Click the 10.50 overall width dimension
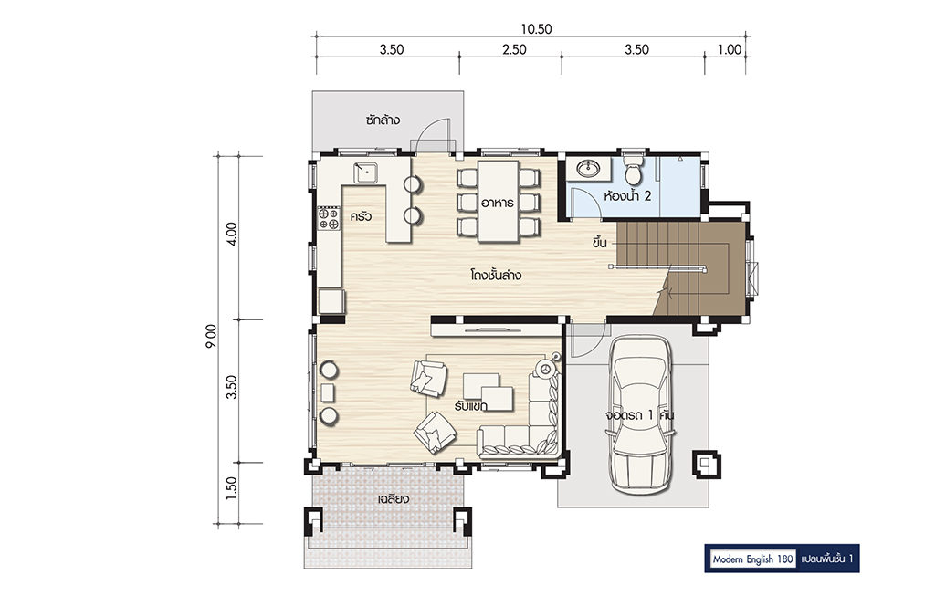click(x=536, y=28)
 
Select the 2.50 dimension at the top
click(x=514, y=49)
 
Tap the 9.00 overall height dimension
click(x=211, y=336)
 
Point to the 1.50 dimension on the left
click(x=231, y=487)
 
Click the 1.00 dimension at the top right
click(x=730, y=49)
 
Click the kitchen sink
click(x=367, y=172)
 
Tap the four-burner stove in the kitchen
click(x=328, y=218)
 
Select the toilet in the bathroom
click(x=633, y=169)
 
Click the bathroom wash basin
click(x=589, y=168)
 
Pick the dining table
click(x=498, y=202)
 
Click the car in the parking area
click(x=642, y=414)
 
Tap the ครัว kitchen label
click(x=361, y=215)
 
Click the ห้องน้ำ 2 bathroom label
click(x=627, y=195)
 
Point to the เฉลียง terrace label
click(x=393, y=498)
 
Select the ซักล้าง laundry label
click(x=383, y=120)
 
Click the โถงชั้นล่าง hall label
click(x=496, y=276)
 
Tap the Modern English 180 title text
click(x=752, y=559)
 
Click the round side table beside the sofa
click(x=545, y=368)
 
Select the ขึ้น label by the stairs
click(x=599, y=242)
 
